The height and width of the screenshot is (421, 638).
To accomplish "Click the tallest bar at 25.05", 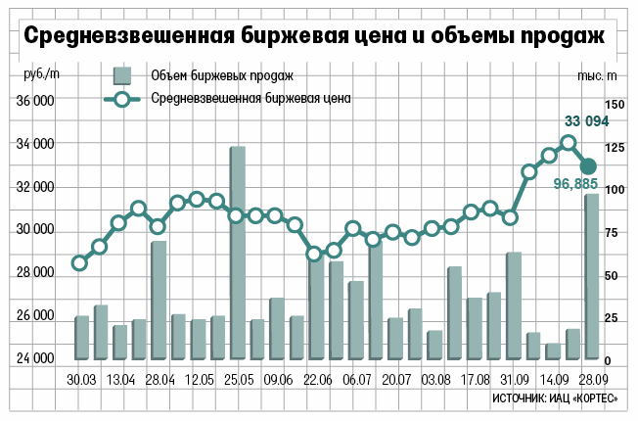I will point(237,253).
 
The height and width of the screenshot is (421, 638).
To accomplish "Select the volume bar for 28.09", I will point(592,276).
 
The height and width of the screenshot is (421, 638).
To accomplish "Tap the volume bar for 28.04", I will point(159,300).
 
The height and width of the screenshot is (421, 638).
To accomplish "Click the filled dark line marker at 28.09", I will point(588,166).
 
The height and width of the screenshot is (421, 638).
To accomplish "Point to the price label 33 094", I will point(587,121).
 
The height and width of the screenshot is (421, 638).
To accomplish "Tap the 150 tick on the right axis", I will point(614,104).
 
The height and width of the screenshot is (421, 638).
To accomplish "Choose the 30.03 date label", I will point(81,379).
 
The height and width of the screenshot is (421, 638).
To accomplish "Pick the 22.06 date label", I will point(315,379).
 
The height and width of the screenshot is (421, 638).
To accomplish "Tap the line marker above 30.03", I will point(80,262).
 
